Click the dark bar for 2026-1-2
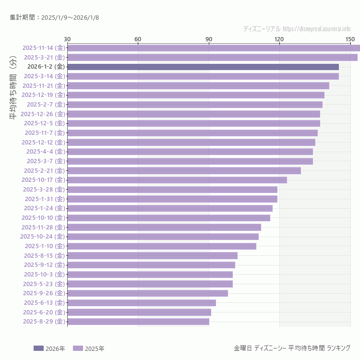click(203, 67)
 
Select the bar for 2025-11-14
click(214, 48)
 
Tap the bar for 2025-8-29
click(138, 322)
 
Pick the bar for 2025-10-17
click(177, 180)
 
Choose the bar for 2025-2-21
click(184, 170)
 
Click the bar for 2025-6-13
click(142, 303)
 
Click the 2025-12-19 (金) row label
click(43, 95)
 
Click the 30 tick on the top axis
click(67, 39)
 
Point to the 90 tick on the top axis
click(209, 39)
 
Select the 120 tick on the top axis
click(279, 39)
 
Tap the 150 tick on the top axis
click(350, 39)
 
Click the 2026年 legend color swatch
click(38, 348)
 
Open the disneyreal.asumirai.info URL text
click(316, 29)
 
